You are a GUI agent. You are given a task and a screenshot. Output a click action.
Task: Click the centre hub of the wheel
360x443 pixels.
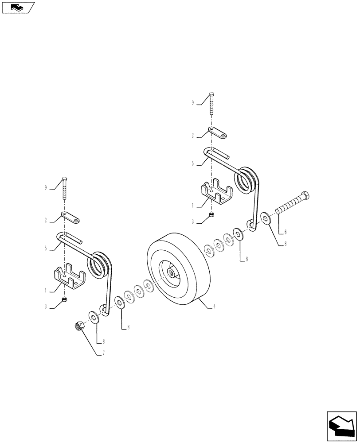click(171, 275)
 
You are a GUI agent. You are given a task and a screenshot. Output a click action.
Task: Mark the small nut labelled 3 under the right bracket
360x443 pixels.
click(212, 215)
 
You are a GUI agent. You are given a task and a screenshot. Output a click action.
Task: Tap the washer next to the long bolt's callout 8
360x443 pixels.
click(267, 218)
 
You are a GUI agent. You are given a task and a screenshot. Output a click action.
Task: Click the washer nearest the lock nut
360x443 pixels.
click(94, 317)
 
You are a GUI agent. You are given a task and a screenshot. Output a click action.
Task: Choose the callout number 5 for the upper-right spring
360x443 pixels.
click(193, 163)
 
